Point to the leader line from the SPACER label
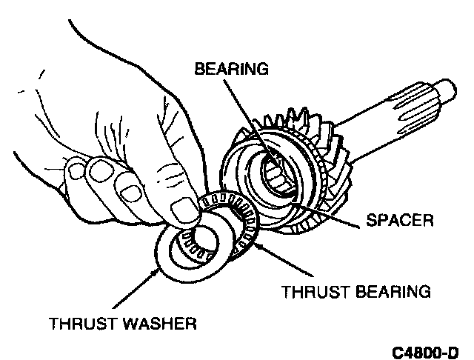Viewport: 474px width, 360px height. (x=333, y=214)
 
